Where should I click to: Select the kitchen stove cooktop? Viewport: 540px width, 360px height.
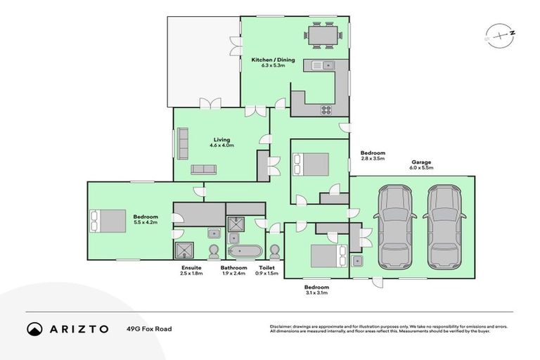click(x=326, y=109)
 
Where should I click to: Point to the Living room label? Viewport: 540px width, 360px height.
click(x=221, y=140)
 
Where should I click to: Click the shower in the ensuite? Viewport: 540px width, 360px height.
click(x=186, y=251)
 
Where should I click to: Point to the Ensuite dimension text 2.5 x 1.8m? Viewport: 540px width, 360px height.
click(x=191, y=274)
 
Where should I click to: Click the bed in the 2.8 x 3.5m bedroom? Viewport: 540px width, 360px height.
click(x=313, y=165)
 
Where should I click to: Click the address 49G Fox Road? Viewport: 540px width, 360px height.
click(x=149, y=328)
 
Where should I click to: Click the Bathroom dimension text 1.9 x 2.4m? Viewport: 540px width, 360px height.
click(x=233, y=274)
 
